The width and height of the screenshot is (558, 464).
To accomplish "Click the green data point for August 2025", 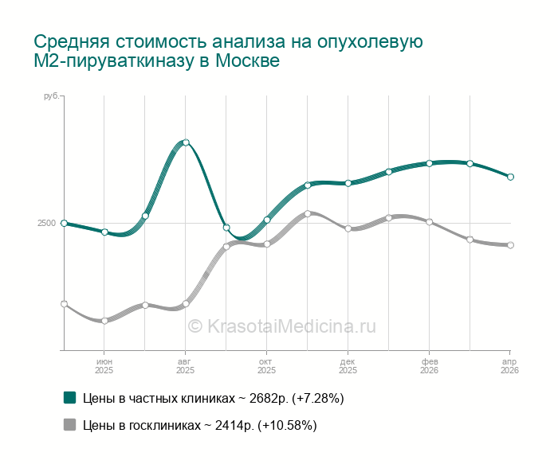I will click(186, 142).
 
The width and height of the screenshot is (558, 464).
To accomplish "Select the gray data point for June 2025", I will click(104, 321).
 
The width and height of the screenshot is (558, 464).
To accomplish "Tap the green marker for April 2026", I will click(510, 177).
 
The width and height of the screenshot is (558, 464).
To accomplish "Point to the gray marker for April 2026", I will click(510, 245).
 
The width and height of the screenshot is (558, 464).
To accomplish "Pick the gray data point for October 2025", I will click(267, 244).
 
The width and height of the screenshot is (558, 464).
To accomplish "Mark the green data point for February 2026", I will click(429, 163).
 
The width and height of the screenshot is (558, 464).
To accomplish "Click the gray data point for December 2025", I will click(348, 228).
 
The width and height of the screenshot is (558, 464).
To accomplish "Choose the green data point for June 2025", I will click(104, 232).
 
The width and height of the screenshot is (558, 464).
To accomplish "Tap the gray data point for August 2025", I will click(186, 304).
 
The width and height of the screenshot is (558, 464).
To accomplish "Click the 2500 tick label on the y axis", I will click(46, 224).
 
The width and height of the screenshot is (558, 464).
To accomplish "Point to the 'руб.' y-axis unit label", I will click(50, 96).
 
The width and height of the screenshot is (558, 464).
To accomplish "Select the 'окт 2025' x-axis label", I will click(266, 366).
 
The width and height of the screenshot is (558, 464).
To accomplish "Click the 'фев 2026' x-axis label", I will click(429, 366).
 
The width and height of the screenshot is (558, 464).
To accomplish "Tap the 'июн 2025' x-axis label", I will click(104, 366).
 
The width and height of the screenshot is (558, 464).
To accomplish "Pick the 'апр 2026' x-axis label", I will click(509, 366).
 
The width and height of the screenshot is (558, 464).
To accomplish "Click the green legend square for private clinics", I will click(69, 397).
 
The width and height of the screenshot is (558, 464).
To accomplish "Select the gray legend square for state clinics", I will click(69, 425).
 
